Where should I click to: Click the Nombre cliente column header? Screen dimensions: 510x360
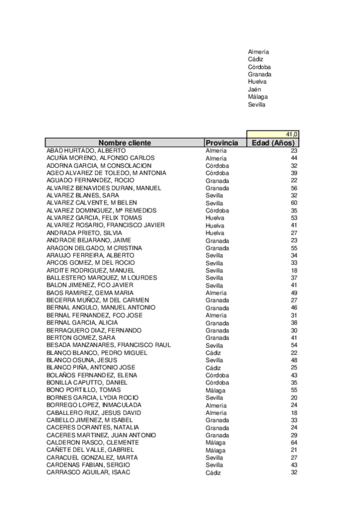pyautogui.click(x=124, y=143)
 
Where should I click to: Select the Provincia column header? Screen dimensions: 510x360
pyautogui.click(x=222, y=143)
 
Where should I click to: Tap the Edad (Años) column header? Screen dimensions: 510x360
pyautogui.click(x=273, y=143)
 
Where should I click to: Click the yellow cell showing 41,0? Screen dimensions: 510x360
pyautogui.click(x=273, y=134)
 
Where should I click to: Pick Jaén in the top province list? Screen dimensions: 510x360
pyautogui.click(x=254, y=89)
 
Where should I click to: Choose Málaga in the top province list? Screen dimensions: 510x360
pyautogui.click(x=258, y=96)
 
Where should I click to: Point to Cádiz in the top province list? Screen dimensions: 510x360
pyautogui.click(x=255, y=59)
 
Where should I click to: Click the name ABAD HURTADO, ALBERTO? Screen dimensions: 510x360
pyautogui.click(x=86, y=150)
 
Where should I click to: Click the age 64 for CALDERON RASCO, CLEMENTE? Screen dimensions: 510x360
pyautogui.click(x=294, y=442)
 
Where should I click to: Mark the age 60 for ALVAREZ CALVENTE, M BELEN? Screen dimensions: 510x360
pyautogui.click(x=294, y=203)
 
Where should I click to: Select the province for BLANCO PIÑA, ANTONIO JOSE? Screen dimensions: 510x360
pyautogui.click(x=213, y=367)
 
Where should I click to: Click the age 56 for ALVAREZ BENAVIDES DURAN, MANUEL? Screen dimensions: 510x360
pyautogui.click(x=294, y=188)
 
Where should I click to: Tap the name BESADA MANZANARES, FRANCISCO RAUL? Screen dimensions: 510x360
pyautogui.click(x=108, y=345)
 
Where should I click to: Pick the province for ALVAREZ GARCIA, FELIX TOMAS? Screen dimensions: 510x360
pyautogui.click(x=215, y=218)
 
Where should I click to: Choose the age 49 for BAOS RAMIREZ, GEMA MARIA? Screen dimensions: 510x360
pyautogui.click(x=294, y=293)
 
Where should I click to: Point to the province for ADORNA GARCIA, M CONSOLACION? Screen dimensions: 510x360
pyautogui.click(x=217, y=165)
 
